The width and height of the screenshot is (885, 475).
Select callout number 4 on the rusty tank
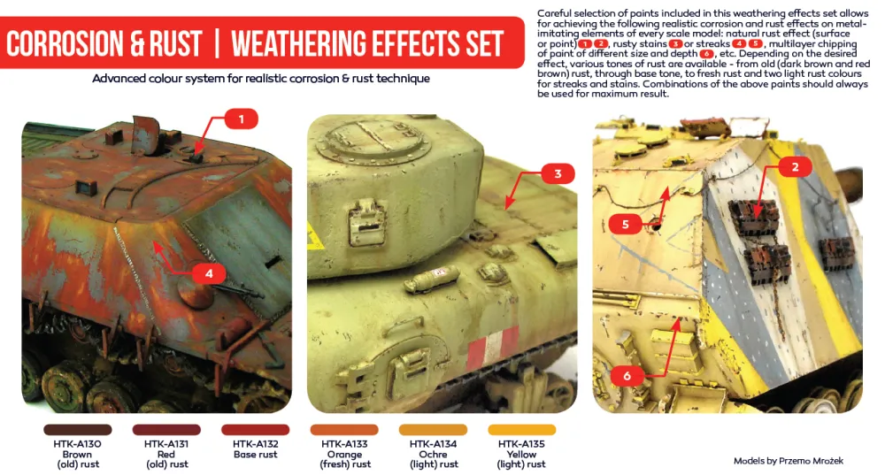click(209, 274)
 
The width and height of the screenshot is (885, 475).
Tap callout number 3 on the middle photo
click(558, 174)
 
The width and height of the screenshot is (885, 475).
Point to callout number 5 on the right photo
click(625, 225)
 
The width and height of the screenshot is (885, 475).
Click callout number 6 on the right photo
click(627, 376)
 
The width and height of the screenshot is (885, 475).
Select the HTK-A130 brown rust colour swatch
click(77, 430)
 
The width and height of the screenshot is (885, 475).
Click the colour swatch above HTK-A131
click(165, 430)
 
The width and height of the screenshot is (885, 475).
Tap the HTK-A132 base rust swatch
click(255, 430)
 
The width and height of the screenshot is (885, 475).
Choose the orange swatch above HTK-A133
click(344, 430)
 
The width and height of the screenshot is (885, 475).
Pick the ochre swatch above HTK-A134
click(434, 430)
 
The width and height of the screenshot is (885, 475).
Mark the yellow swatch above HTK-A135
click(521, 430)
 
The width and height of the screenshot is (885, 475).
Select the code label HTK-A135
click(521, 444)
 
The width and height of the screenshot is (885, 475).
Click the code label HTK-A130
click(77, 444)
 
